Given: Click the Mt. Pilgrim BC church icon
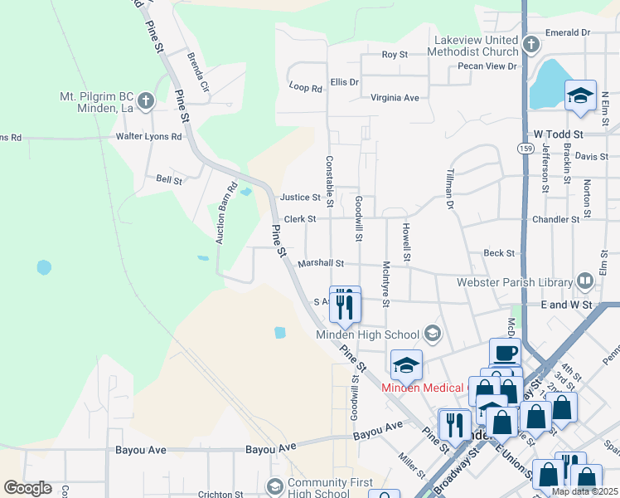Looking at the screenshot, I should (x=146, y=102).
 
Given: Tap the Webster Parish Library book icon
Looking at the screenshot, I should (x=585, y=281).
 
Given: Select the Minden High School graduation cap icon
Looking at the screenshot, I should (x=432, y=334).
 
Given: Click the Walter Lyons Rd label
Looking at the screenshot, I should (x=148, y=136).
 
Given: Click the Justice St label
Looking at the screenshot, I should (x=300, y=198).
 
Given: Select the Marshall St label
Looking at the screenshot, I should (x=321, y=263).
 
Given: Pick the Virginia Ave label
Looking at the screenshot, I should (x=395, y=97).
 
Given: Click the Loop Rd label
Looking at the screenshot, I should (x=305, y=86).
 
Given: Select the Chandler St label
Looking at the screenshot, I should (x=556, y=219).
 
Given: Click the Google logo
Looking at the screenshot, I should (x=27, y=488).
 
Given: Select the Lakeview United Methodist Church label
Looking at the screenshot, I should (x=472, y=45).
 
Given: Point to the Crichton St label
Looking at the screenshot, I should (x=220, y=495).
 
